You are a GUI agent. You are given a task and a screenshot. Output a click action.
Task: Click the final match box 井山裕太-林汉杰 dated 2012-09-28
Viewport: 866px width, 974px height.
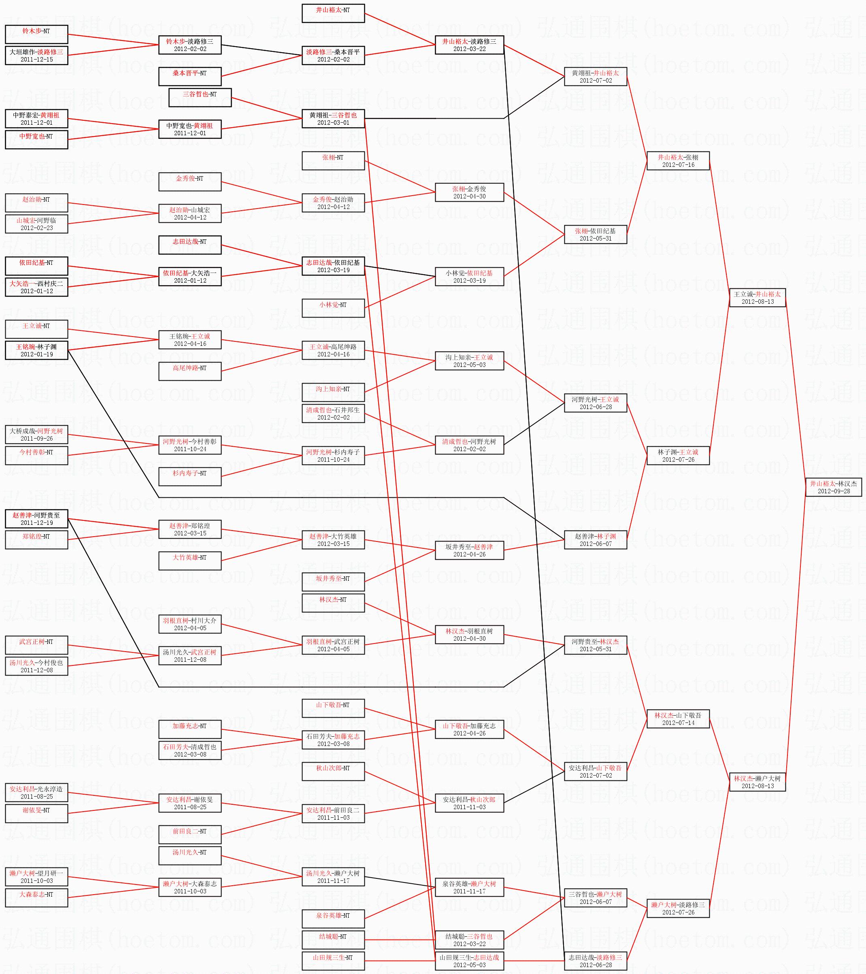833,487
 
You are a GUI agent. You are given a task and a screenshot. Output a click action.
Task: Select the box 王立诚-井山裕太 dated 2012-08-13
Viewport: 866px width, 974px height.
757,298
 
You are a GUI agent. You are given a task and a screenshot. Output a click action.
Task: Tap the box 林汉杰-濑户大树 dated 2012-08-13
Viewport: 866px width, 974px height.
757,782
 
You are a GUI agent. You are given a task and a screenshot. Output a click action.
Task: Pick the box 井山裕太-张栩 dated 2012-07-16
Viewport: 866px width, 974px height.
678,161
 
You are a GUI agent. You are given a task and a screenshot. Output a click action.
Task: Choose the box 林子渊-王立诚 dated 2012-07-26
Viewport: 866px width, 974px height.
678,456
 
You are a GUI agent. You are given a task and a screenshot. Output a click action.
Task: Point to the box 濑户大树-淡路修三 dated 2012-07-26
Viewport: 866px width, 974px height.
678,908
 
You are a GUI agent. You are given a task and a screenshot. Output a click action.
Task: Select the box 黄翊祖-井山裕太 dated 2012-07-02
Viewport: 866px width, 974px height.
596,77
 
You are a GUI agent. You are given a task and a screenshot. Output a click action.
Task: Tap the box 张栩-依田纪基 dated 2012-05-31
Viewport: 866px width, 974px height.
596,234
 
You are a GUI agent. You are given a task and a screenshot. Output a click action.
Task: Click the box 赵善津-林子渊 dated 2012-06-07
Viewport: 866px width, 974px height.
596,540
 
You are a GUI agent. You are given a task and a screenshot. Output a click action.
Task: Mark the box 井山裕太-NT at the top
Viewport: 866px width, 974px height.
333,13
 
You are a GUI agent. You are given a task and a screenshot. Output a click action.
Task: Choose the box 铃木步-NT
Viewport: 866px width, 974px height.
36,34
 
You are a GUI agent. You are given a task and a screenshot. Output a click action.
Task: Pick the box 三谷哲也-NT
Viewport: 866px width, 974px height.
200,98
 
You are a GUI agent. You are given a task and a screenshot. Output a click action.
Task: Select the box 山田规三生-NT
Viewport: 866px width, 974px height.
333,961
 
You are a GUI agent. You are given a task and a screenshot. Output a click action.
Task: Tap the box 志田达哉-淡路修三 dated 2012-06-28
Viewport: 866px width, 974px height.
596,961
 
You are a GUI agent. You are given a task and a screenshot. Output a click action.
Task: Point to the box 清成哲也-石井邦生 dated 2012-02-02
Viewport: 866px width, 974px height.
333,413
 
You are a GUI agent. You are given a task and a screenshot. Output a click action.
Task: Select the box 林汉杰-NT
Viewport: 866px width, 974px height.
333,603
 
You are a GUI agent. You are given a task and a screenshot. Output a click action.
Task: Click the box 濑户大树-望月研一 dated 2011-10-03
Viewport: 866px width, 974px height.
36,877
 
